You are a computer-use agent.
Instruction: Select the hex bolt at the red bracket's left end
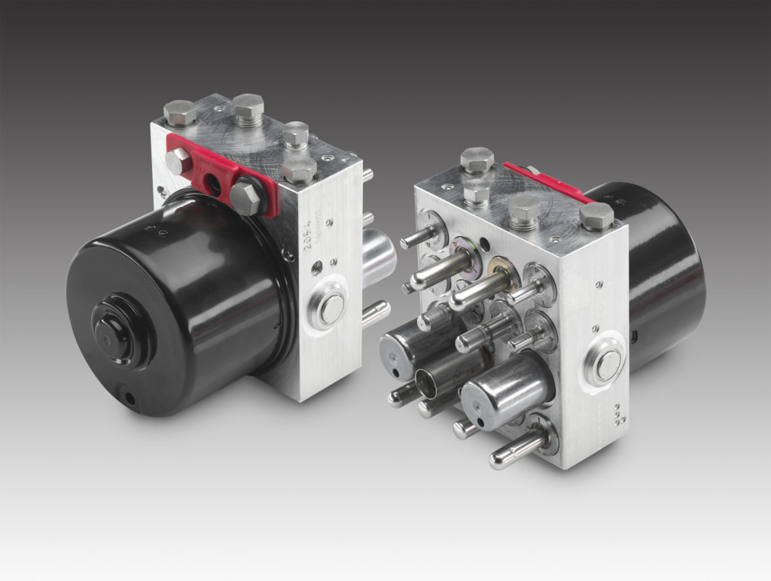(x=178, y=160)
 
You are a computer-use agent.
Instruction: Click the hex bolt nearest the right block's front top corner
(x=597, y=217)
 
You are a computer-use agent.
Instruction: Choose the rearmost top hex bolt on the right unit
(x=477, y=160)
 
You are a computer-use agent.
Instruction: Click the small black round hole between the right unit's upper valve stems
(x=482, y=244)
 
